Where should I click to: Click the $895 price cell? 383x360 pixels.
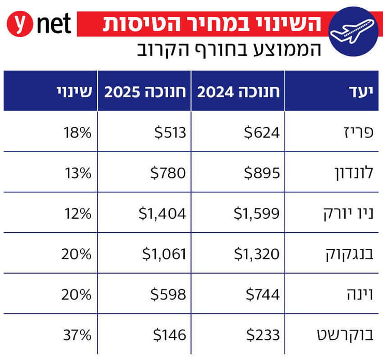click(x=262, y=173)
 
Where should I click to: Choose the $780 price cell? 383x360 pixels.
click(x=170, y=173)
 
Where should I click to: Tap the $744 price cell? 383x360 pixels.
click(x=262, y=294)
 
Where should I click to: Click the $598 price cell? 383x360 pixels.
click(x=170, y=294)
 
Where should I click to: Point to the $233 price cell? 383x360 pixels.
click(x=262, y=335)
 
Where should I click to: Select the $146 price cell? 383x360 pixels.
click(x=170, y=335)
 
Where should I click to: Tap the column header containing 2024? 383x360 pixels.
click(x=238, y=92)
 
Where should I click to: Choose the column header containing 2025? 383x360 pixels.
click(x=145, y=92)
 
